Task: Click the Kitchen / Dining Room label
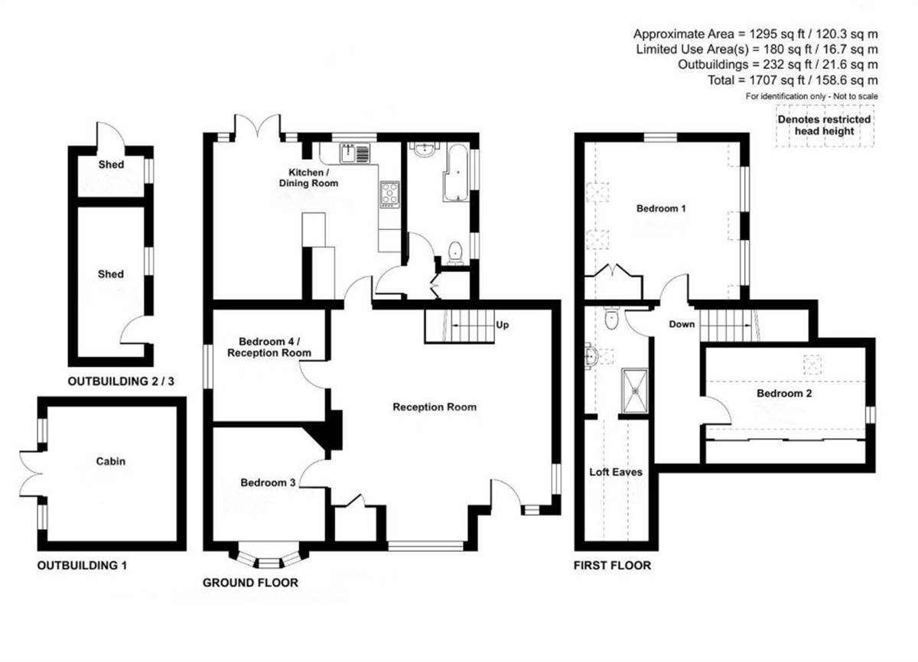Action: coord(308,177)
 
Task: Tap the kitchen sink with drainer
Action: coord(354,153)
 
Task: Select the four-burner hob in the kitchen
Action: coord(389,194)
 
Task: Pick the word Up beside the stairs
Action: coord(502,325)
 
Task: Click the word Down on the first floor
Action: coord(682,324)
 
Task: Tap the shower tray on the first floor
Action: coord(635,391)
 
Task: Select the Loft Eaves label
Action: coord(616,472)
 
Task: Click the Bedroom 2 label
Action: coord(784,394)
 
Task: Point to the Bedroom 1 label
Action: coord(661,209)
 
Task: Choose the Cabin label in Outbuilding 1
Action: coord(111,462)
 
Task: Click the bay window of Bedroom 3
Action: coord(269,556)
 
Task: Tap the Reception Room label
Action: coord(435,407)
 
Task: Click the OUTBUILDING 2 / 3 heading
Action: coord(121,381)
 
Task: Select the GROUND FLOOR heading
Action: coord(250,582)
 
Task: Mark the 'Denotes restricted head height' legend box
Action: coord(825,125)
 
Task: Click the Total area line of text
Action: coord(793,80)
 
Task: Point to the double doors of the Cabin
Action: coord(31,474)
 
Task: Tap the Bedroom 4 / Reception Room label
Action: coord(269,347)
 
